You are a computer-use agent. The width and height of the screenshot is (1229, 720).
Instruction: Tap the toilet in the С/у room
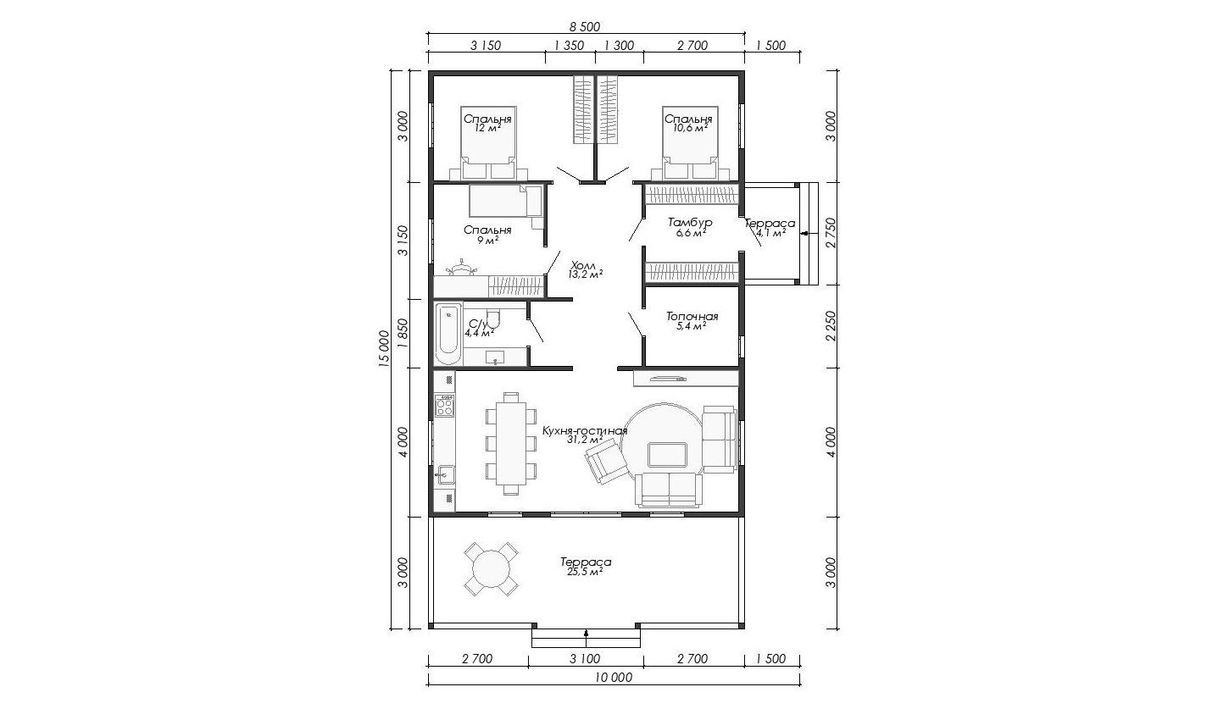pyautogui.click(x=493, y=318)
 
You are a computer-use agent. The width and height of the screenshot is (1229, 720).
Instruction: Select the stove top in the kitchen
pyautogui.click(x=444, y=407)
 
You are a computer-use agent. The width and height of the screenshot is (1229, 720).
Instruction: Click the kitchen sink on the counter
pyautogui.click(x=445, y=474)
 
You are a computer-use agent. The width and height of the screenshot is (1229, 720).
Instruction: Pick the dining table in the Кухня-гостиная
pyautogui.click(x=511, y=443)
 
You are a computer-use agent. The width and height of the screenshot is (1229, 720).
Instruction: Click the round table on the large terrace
pyautogui.click(x=491, y=569)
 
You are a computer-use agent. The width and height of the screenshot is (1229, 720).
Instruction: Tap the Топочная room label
pyautogui.click(x=692, y=317)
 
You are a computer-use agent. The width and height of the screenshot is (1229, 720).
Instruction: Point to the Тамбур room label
pyautogui.click(x=690, y=223)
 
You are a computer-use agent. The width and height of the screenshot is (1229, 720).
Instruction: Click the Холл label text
pyautogui.click(x=582, y=265)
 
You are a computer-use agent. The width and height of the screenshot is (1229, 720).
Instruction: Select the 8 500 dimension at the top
pyautogui.click(x=585, y=27)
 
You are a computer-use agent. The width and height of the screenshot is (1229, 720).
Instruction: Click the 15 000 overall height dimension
pyautogui.click(x=384, y=349)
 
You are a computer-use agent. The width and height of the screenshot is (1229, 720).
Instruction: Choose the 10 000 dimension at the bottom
pyautogui.click(x=614, y=678)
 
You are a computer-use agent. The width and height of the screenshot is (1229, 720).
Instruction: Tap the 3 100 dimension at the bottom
pyautogui.click(x=585, y=658)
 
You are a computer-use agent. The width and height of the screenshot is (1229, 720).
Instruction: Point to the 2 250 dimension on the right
pyautogui.click(x=831, y=326)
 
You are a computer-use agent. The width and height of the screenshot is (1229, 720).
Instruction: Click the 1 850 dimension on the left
pyautogui.click(x=403, y=333)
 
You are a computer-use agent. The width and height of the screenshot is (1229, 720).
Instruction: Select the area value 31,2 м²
pyautogui.click(x=585, y=440)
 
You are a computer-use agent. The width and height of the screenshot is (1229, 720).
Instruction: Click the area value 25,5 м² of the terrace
pyautogui.click(x=586, y=572)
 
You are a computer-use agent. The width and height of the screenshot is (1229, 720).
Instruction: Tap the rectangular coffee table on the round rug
pyautogui.click(x=667, y=455)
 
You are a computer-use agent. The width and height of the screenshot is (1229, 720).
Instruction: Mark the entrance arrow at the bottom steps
pyautogui.click(x=586, y=634)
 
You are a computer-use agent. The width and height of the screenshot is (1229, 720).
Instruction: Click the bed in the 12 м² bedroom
pyautogui.click(x=488, y=142)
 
